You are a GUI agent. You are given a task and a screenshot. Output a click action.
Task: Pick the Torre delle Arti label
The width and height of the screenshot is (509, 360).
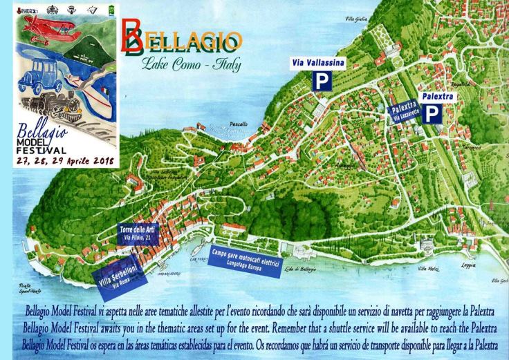tap(138, 232)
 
